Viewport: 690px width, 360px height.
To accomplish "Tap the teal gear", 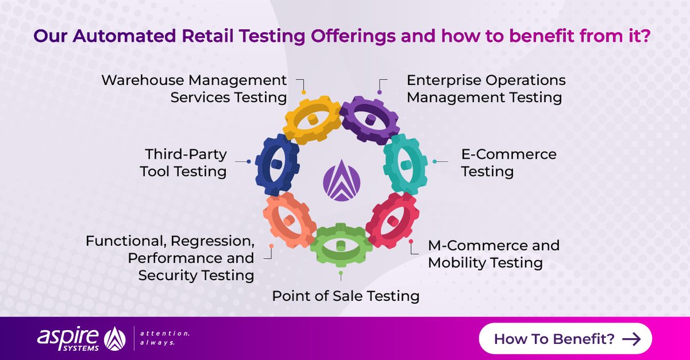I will tap(405, 164).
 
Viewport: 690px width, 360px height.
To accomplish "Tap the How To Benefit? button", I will tap(565, 338).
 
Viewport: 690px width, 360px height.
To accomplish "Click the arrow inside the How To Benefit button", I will tap(631, 339).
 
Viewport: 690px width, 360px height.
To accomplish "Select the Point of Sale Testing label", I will tap(346, 296).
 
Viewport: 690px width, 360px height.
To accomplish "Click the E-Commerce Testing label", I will tap(508, 163).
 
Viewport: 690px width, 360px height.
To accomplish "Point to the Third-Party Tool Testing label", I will tap(183, 163).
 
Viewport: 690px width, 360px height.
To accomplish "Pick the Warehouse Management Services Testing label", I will tap(194, 89).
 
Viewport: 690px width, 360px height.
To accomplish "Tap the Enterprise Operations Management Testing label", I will tap(485, 89).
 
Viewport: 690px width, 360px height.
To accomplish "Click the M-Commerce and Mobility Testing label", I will tap(493, 254).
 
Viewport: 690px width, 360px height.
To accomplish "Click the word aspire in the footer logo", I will tap(67, 335).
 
